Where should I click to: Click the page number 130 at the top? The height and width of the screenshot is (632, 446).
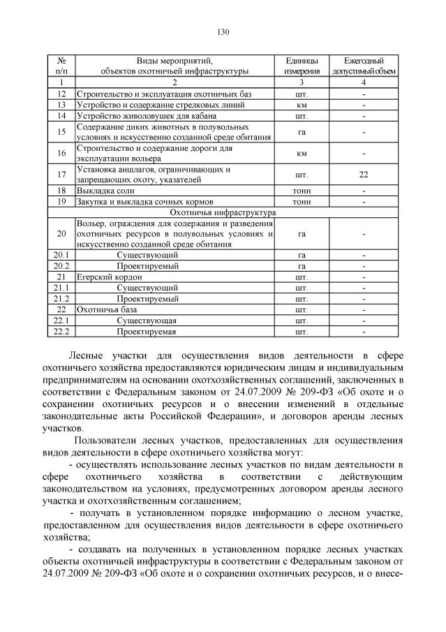pos(223,31)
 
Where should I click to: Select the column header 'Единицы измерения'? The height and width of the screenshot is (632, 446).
pos(302,66)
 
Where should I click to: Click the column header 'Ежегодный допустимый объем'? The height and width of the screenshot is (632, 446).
pos(364,66)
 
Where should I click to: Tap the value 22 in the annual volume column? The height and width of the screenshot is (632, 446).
pos(364,174)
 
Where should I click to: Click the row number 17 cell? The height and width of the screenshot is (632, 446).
pos(61,174)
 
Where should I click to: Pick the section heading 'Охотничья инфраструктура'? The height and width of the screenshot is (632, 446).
pos(223,212)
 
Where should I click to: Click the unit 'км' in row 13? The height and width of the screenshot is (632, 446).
pos(302,105)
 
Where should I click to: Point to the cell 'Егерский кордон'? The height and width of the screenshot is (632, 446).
pos(106,277)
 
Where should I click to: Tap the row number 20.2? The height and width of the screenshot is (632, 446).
pos(61,266)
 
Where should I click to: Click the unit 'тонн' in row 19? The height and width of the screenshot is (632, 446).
pos(302,201)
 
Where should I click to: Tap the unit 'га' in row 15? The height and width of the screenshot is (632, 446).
pos(302,131)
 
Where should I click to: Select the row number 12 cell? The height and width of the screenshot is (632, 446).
pos(61,94)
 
